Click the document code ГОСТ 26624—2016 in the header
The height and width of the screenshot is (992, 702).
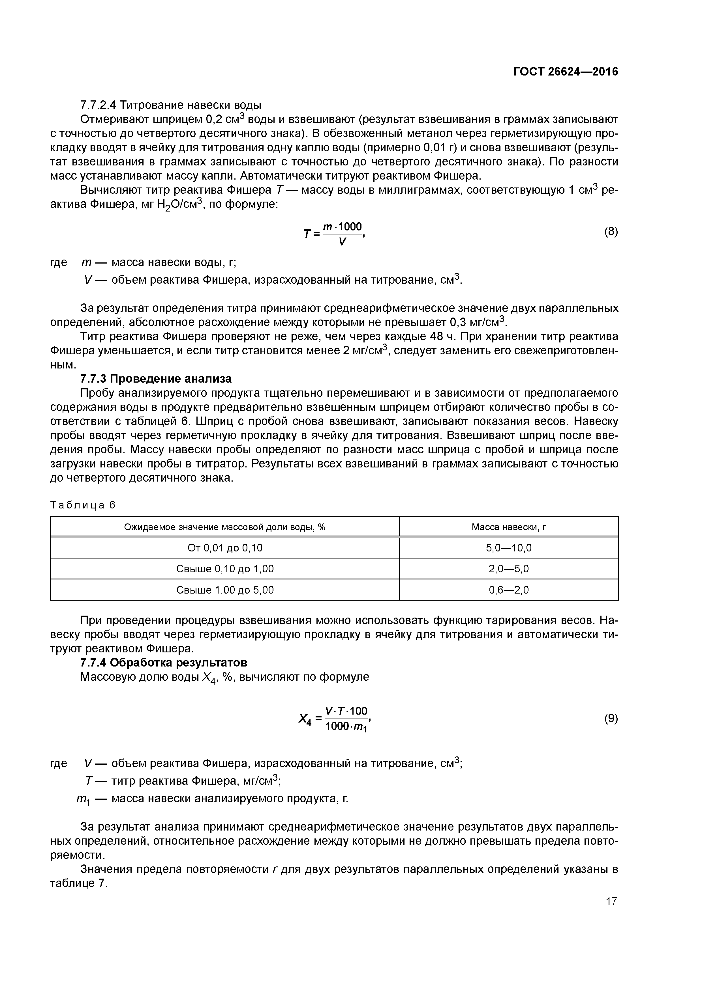point(565,72)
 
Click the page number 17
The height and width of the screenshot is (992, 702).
point(611,901)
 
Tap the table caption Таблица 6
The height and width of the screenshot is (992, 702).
point(83,505)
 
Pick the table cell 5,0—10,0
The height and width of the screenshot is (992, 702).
point(509,548)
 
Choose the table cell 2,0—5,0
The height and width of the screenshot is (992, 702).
point(509,569)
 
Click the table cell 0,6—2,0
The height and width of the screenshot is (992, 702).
point(509,590)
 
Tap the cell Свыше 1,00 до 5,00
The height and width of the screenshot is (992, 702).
point(225,590)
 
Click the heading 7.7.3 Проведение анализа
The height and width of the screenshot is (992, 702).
point(156,379)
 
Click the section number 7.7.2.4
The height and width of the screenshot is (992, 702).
point(99,105)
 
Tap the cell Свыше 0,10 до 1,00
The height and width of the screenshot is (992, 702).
point(225,569)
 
